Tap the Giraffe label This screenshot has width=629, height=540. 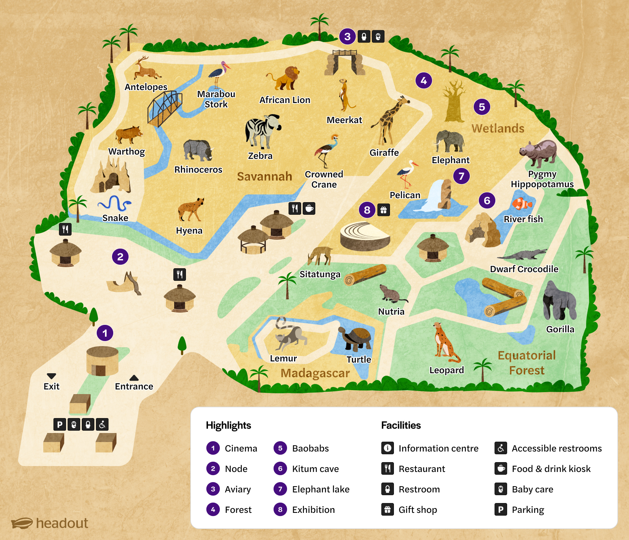tap(384, 153)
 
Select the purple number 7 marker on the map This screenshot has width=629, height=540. tap(461, 176)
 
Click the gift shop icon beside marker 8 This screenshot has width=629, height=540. tap(384, 210)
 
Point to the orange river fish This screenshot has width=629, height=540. tap(522, 204)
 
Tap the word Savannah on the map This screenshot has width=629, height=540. tap(264, 176)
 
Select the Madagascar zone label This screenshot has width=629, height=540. tap(315, 373)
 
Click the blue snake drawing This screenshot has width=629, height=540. tap(114, 203)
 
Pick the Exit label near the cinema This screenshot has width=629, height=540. tap(51, 386)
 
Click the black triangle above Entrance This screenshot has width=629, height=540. tap(134, 378)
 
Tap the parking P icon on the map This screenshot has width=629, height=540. tap(59, 424)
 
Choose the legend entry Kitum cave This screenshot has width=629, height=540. tap(315, 469)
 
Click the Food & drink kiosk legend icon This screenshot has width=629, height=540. tap(500, 468)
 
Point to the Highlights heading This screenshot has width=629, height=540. tap(228, 425)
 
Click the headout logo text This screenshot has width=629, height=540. tap(62, 523)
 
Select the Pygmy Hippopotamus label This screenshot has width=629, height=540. tap(542, 179)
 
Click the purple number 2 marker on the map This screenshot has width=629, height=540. tap(120, 257)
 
